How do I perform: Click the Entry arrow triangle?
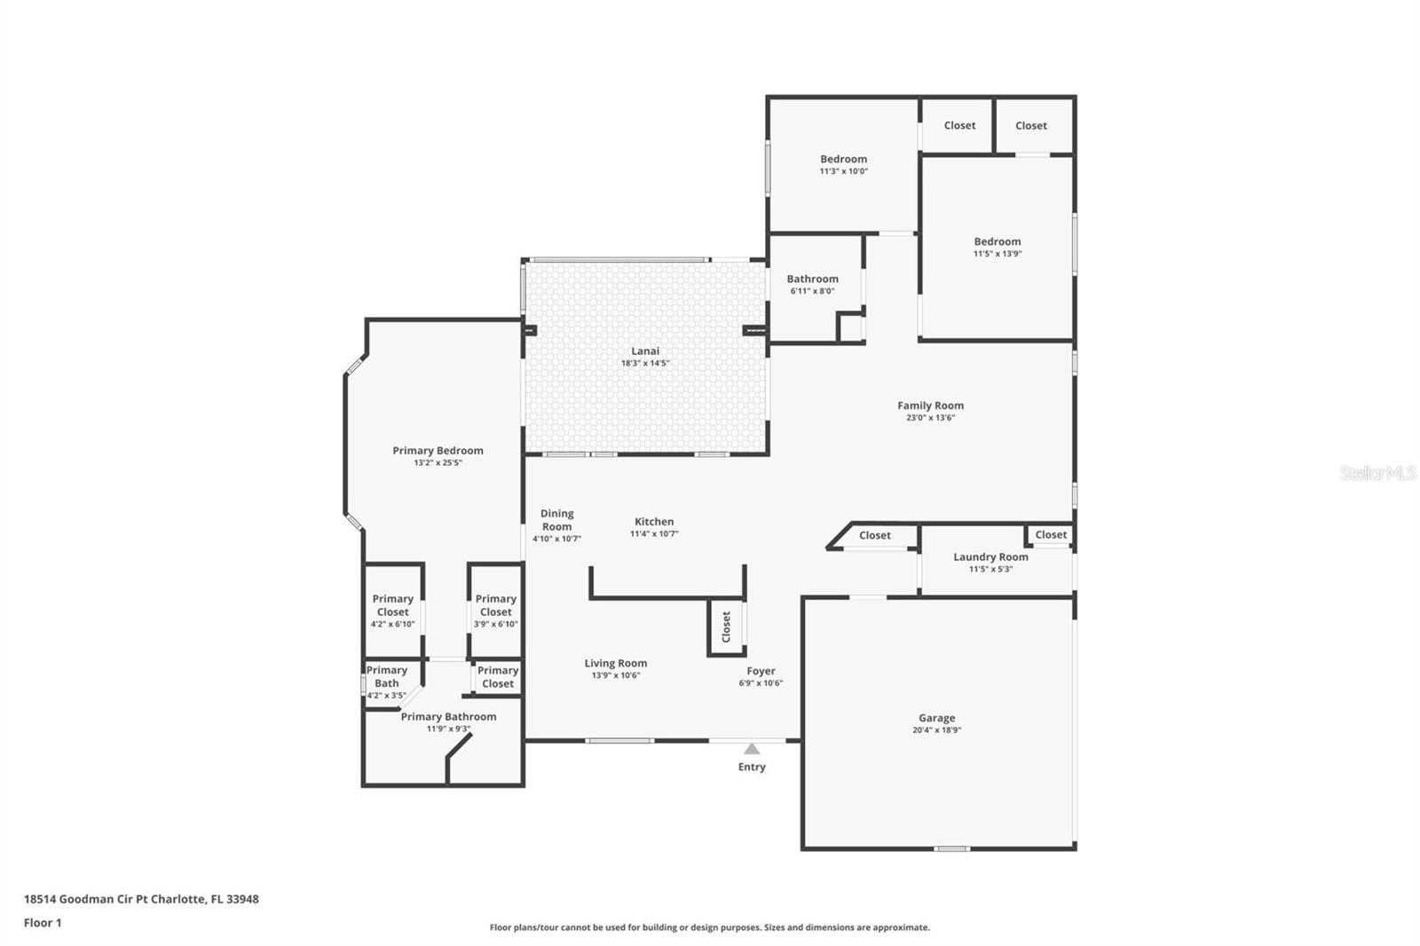point(752,749)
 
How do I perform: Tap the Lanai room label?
point(645,351)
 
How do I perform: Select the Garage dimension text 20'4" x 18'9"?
point(936,730)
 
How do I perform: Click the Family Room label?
point(930,406)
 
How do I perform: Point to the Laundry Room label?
point(990,557)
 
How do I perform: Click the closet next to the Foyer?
point(726,627)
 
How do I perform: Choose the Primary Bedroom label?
point(438,451)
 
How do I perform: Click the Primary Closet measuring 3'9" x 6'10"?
point(495,611)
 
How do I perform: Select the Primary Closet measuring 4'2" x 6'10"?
point(392,611)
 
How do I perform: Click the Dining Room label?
point(556,520)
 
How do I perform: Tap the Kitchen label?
point(654,522)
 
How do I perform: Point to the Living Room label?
point(615,663)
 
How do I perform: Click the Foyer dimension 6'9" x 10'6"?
point(761,683)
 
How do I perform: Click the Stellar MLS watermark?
point(1377,473)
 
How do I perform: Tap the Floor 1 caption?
point(43,923)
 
